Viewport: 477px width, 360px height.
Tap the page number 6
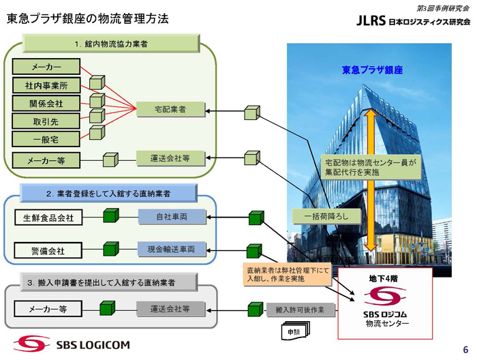pyautogui.click(x=465, y=349)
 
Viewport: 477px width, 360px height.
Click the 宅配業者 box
pyautogui.click(x=170, y=110)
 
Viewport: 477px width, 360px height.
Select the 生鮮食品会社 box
pyautogui.click(x=48, y=218)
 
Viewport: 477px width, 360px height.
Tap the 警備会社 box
pyautogui.click(x=48, y=251)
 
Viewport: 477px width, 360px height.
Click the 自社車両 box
pyautogui.click(x=172, y=217)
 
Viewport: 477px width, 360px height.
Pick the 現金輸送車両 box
pyautogui.click(x=172, y=250)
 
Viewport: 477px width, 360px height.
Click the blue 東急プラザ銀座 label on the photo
pyautogui.click(x=373, y=70)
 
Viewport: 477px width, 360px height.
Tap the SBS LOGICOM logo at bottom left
pyautogui.click(x=70, y=343)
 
